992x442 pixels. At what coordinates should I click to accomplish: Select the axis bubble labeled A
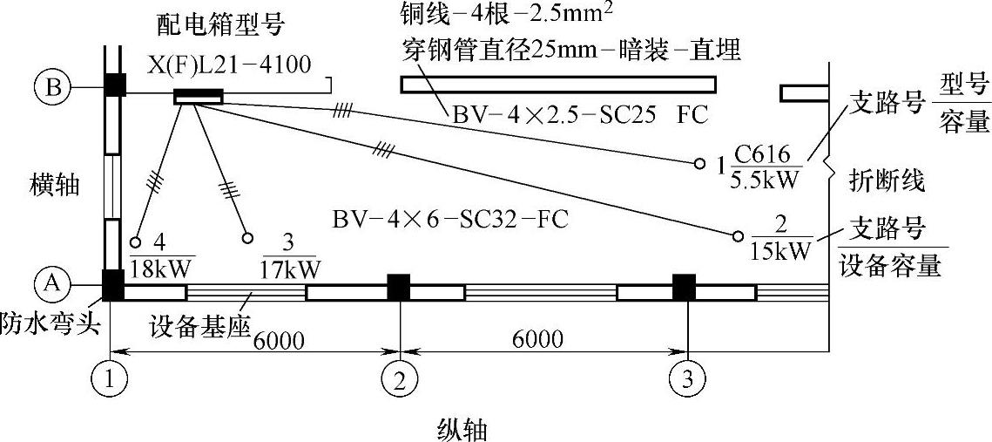51,282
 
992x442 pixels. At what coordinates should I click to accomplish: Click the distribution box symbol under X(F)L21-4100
199,97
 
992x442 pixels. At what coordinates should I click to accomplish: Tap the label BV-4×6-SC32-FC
450,218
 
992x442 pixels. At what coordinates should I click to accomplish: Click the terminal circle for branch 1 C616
699,163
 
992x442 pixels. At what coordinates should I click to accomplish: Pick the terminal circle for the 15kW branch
739,235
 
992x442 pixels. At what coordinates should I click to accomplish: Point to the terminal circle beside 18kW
135,242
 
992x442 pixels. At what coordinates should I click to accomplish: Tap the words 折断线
887,181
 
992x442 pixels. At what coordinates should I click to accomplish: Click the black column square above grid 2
399,286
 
